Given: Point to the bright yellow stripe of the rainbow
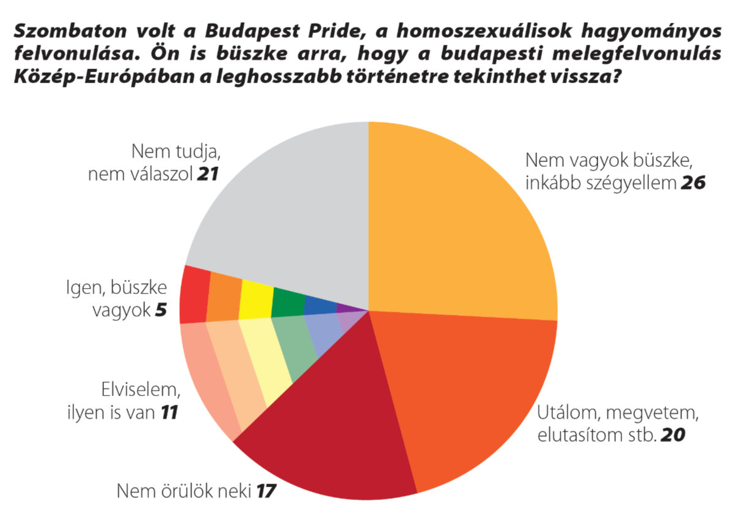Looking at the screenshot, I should click(x=256, y=300).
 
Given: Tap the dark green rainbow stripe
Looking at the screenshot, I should click(x=287, y=302).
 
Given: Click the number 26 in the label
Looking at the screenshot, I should click(x=693, y=183).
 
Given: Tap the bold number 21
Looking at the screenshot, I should click(x=208, y=175).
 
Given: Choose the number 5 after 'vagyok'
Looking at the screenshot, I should click(x=160, y=311).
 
